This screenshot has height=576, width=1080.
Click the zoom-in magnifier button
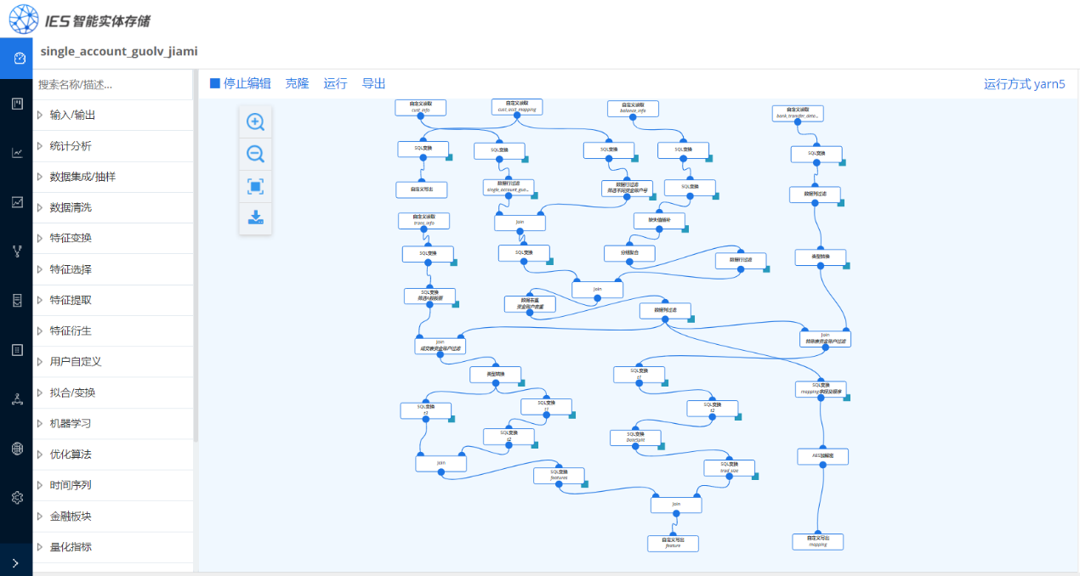[255, 121]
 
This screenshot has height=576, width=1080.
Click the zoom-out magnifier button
[255, 154]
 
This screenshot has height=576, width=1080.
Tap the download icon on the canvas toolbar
[255, 217]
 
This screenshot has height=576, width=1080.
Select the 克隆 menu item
[297, 83]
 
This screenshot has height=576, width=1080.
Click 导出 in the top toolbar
[373, 83]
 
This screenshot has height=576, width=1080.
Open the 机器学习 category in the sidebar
[71, 423]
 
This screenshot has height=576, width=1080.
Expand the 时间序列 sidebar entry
[71, 485]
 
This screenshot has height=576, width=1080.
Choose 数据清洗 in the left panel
[71, 207]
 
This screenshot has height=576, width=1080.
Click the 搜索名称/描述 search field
[111, 85]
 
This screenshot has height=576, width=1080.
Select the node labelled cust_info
[420, 107]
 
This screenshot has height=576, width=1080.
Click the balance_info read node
[633, 108]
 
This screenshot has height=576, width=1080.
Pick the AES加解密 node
[822, 456]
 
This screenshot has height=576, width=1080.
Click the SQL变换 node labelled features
[559, 475]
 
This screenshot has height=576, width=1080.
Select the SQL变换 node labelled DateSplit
[635, 438]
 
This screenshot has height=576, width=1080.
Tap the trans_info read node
[423, 220]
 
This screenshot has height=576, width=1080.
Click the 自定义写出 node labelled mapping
[817, 541]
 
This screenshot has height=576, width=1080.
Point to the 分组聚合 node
[630, 253]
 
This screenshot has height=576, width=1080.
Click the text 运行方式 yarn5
[1024, 83]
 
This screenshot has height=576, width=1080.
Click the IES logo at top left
[23, 18]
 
